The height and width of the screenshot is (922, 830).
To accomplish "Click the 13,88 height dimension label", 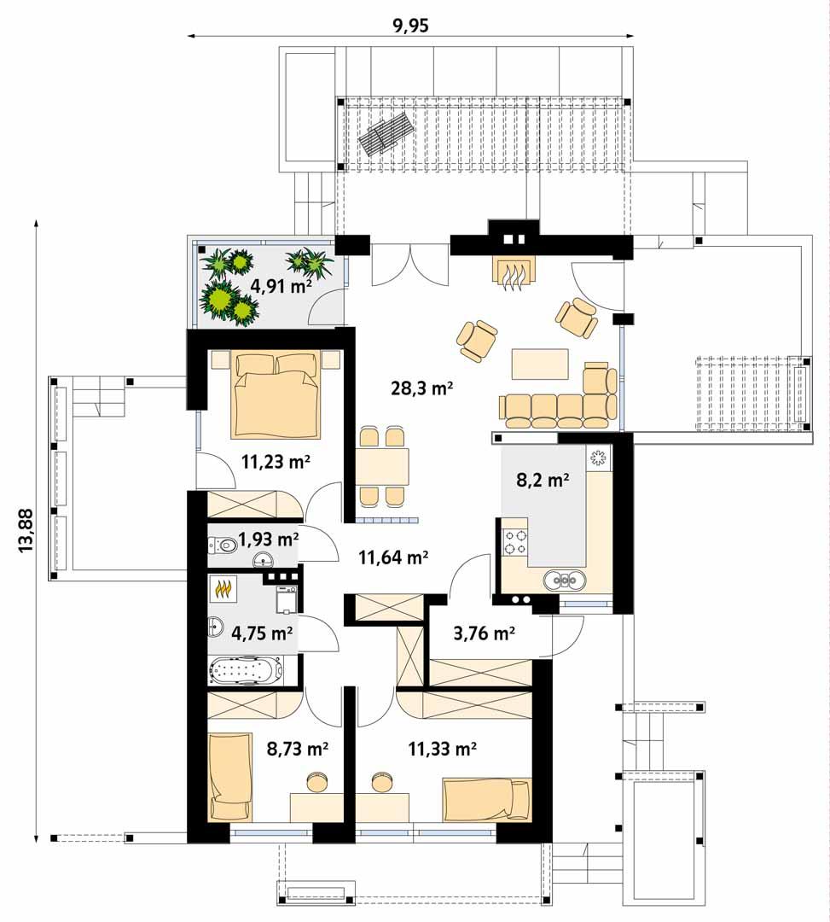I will (26, 530).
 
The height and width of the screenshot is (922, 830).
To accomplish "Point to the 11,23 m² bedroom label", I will (275, 463).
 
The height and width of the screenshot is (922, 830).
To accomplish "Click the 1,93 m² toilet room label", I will (268, 539).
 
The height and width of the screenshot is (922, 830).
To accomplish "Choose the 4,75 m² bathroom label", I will (263, 633).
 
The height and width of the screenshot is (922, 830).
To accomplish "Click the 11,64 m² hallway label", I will (392, 558).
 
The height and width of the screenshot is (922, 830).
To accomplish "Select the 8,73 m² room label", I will (298, 749).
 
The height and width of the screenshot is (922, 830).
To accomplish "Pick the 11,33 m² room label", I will (442, 749).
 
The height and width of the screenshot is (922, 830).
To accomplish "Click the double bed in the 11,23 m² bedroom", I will (276, 393).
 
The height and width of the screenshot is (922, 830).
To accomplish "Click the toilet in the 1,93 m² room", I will (223, 544).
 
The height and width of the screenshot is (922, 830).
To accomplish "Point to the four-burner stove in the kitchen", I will (516, 542).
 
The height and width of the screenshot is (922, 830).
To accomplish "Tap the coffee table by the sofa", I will (539, 364).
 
